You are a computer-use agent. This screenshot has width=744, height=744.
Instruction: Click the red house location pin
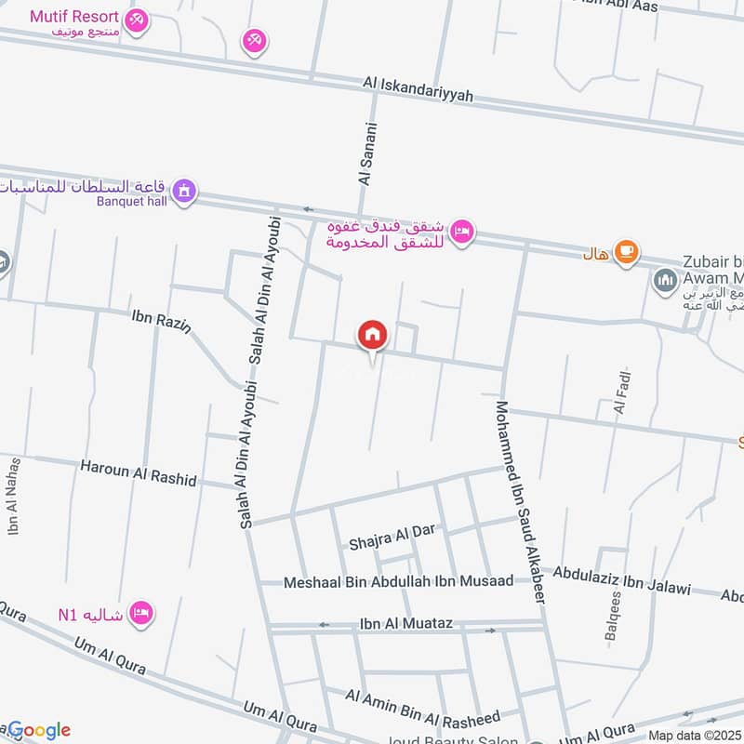(x=373, y=335)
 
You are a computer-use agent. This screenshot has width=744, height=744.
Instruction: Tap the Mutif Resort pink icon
(x=137, y=19)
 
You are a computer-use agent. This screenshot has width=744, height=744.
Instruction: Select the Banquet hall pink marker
(x=186, y=191)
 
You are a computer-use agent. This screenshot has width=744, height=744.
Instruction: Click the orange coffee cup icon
(x=626, y=252)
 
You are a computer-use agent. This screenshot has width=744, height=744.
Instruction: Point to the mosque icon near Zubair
(x=664, y=279)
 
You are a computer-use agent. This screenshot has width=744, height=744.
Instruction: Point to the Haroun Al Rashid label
(x=139, y=472)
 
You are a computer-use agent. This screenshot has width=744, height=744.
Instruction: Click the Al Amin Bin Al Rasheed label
(x=422, y=708)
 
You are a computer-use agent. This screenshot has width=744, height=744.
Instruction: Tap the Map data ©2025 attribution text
(x=693, y=736)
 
